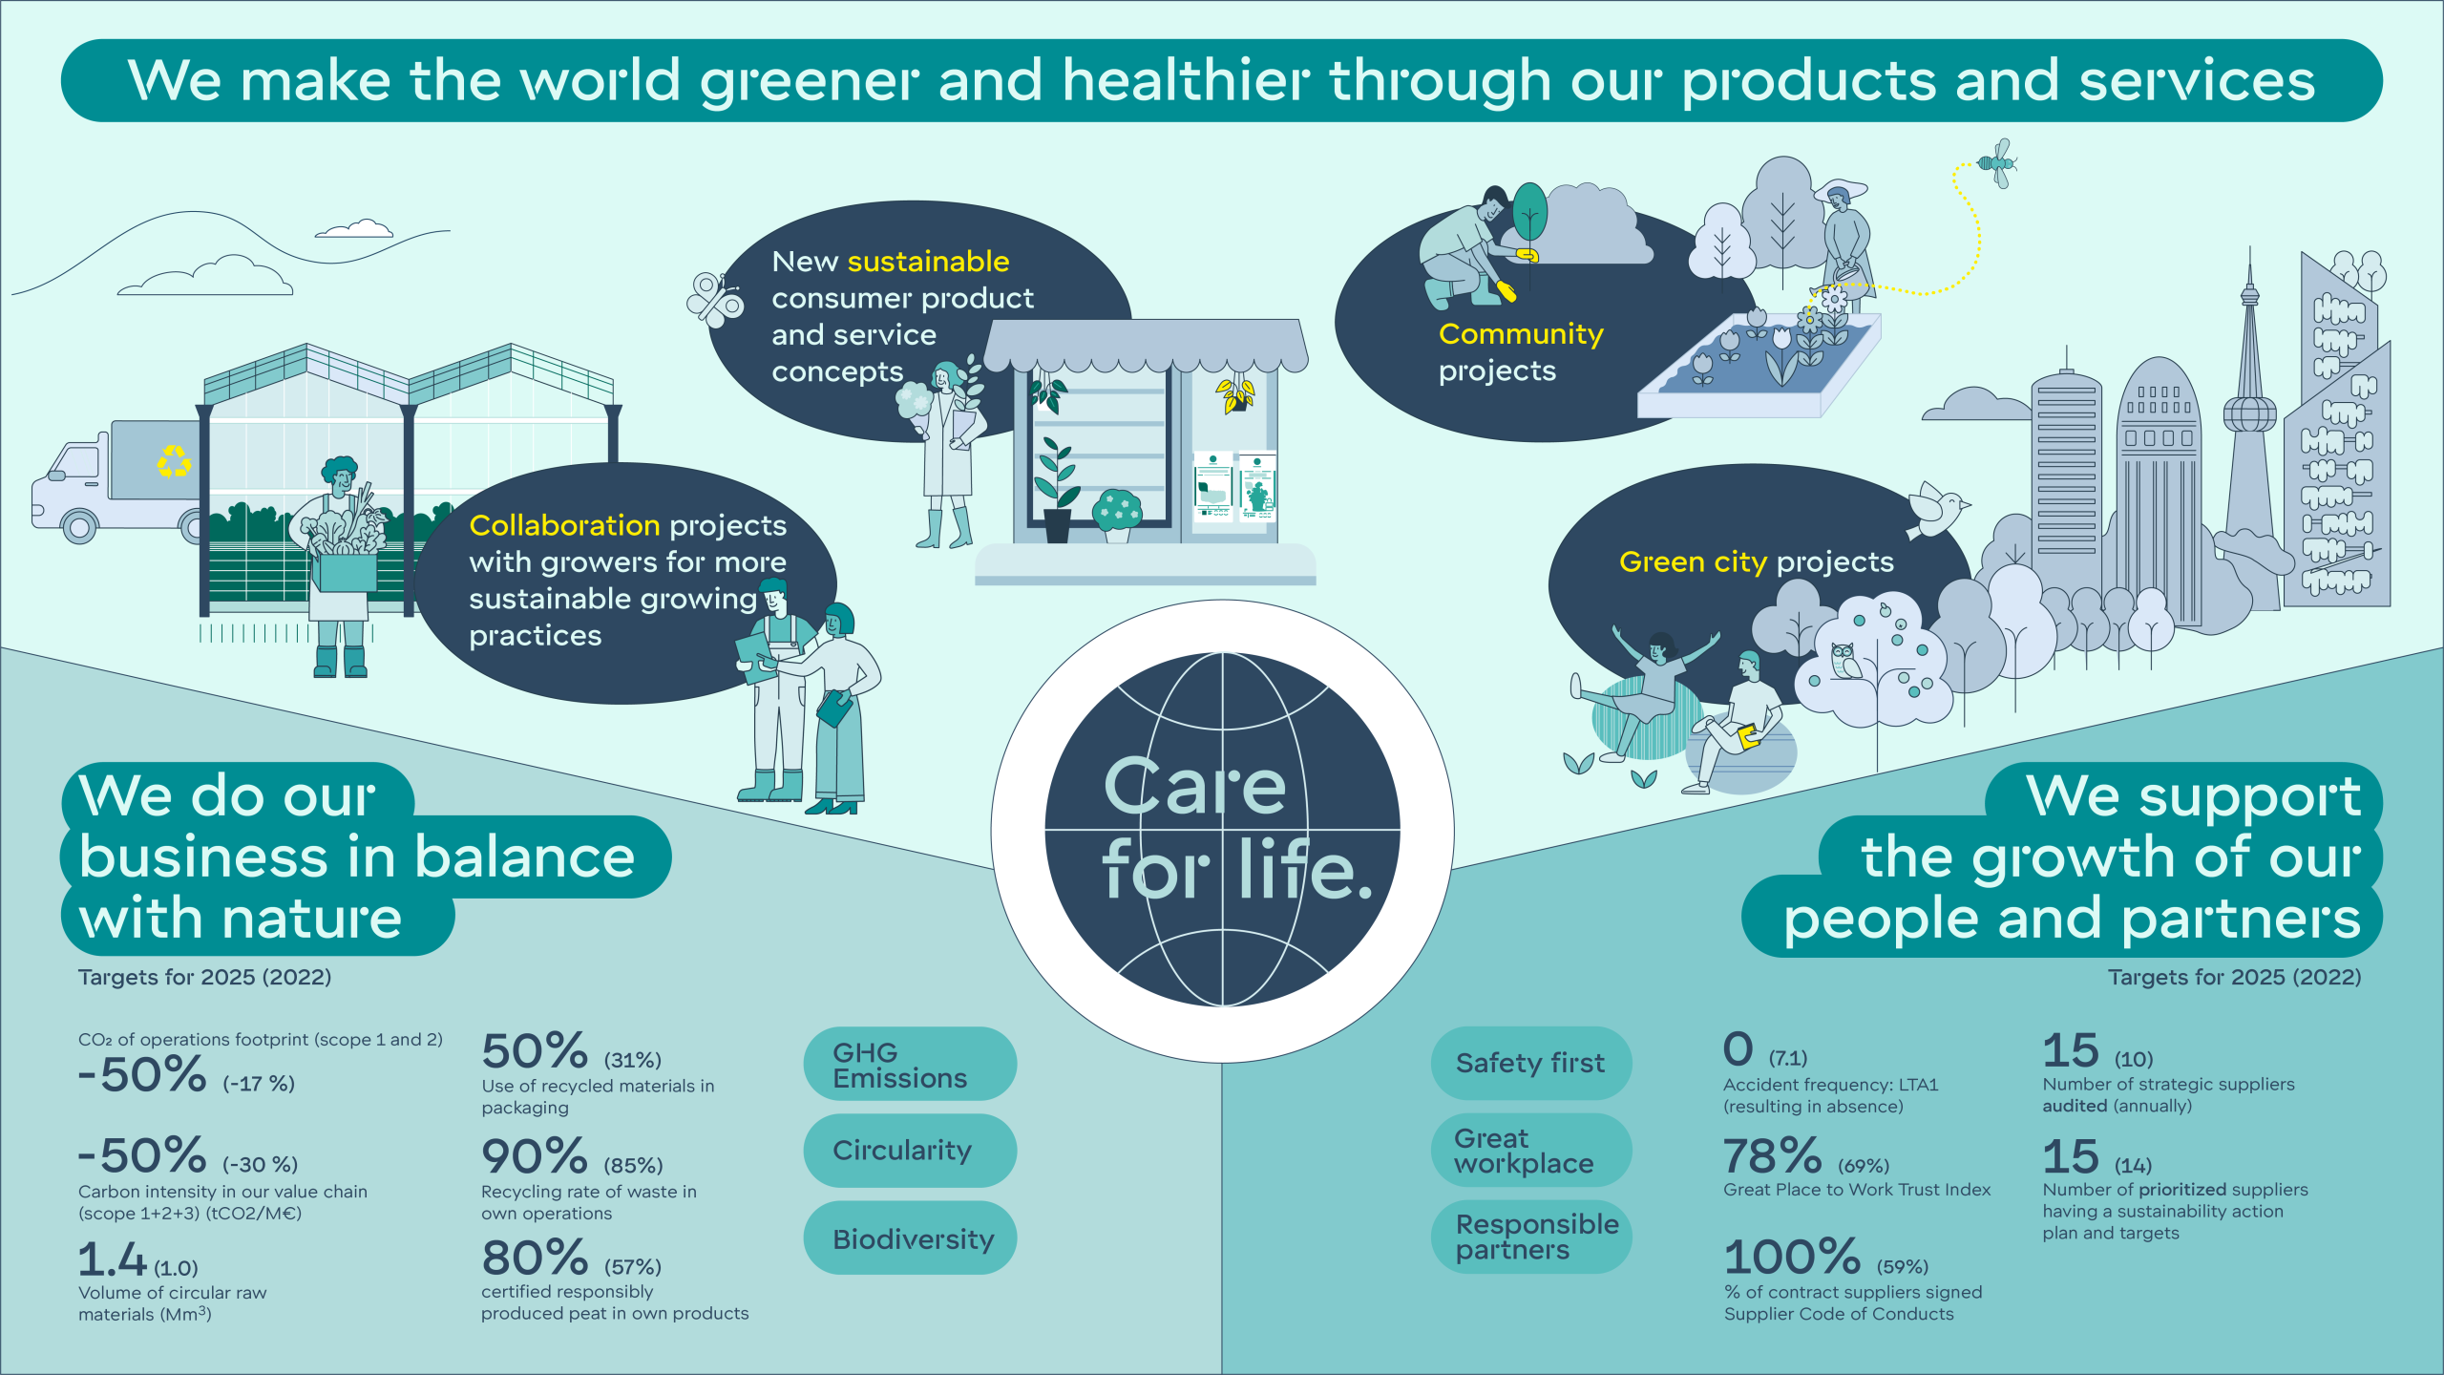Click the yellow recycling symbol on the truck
point(174,461)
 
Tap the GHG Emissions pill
point(910,1064)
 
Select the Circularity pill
point(910,1151)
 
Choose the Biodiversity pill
point(910,1237)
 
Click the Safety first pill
point(1531,1063)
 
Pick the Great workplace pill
point(1531,1150)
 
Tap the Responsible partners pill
point(1531,1237)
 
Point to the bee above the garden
point(1997,163)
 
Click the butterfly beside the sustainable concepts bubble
point(715,299)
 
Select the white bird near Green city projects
point(1936,511)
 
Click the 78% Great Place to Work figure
point(1773,1156)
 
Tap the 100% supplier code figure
point(1792,1258)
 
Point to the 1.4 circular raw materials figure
point(113,1259)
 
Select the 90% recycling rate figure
point(535,1156)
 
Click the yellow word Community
point(1521,335)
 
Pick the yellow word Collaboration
point(564,525)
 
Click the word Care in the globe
point(1195,787)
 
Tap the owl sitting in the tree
point(1844,661)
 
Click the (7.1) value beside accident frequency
point(1788,1058)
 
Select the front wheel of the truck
point(79,525)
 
